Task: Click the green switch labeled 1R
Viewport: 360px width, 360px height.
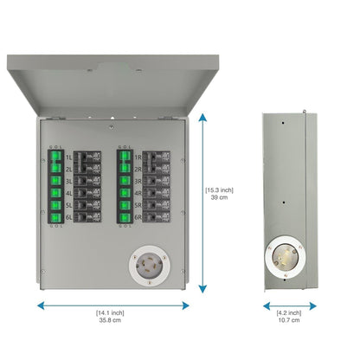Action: (x=123, y=157)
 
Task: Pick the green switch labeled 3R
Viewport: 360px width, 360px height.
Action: (x=123, y=182)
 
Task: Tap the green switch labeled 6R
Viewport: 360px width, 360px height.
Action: (x=123, y=219)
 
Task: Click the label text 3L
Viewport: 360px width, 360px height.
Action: (x=67, y=182)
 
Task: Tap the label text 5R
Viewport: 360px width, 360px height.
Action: (x=138, y=207)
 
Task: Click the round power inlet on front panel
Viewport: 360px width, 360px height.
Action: (x=155, y=264)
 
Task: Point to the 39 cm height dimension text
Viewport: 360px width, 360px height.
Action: (x=218, y=197)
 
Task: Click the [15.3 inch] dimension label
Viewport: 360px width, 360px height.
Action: (x=219, y=190)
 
